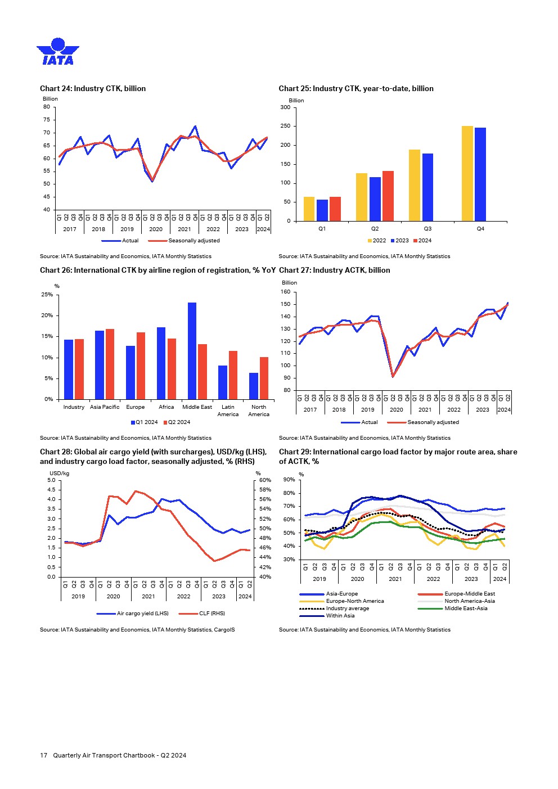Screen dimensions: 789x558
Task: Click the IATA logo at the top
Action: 58,52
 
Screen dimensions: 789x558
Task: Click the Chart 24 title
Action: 93,88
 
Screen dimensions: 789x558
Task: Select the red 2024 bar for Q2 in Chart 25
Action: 388,196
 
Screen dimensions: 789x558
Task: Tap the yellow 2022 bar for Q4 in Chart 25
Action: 467,173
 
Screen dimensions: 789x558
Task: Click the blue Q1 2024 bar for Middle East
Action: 192,351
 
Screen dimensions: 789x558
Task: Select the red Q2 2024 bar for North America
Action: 264,378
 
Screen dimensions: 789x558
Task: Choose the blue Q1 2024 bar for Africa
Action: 161,363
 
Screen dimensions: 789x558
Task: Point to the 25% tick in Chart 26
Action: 47,295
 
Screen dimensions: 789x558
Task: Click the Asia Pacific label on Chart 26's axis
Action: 105,407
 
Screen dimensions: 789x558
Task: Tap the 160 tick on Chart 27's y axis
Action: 285,292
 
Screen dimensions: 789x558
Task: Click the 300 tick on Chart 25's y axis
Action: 285,107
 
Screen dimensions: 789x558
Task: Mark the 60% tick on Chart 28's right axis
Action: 265,480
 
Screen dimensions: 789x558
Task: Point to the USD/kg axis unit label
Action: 59,474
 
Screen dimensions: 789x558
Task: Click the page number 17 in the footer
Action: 43,755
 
